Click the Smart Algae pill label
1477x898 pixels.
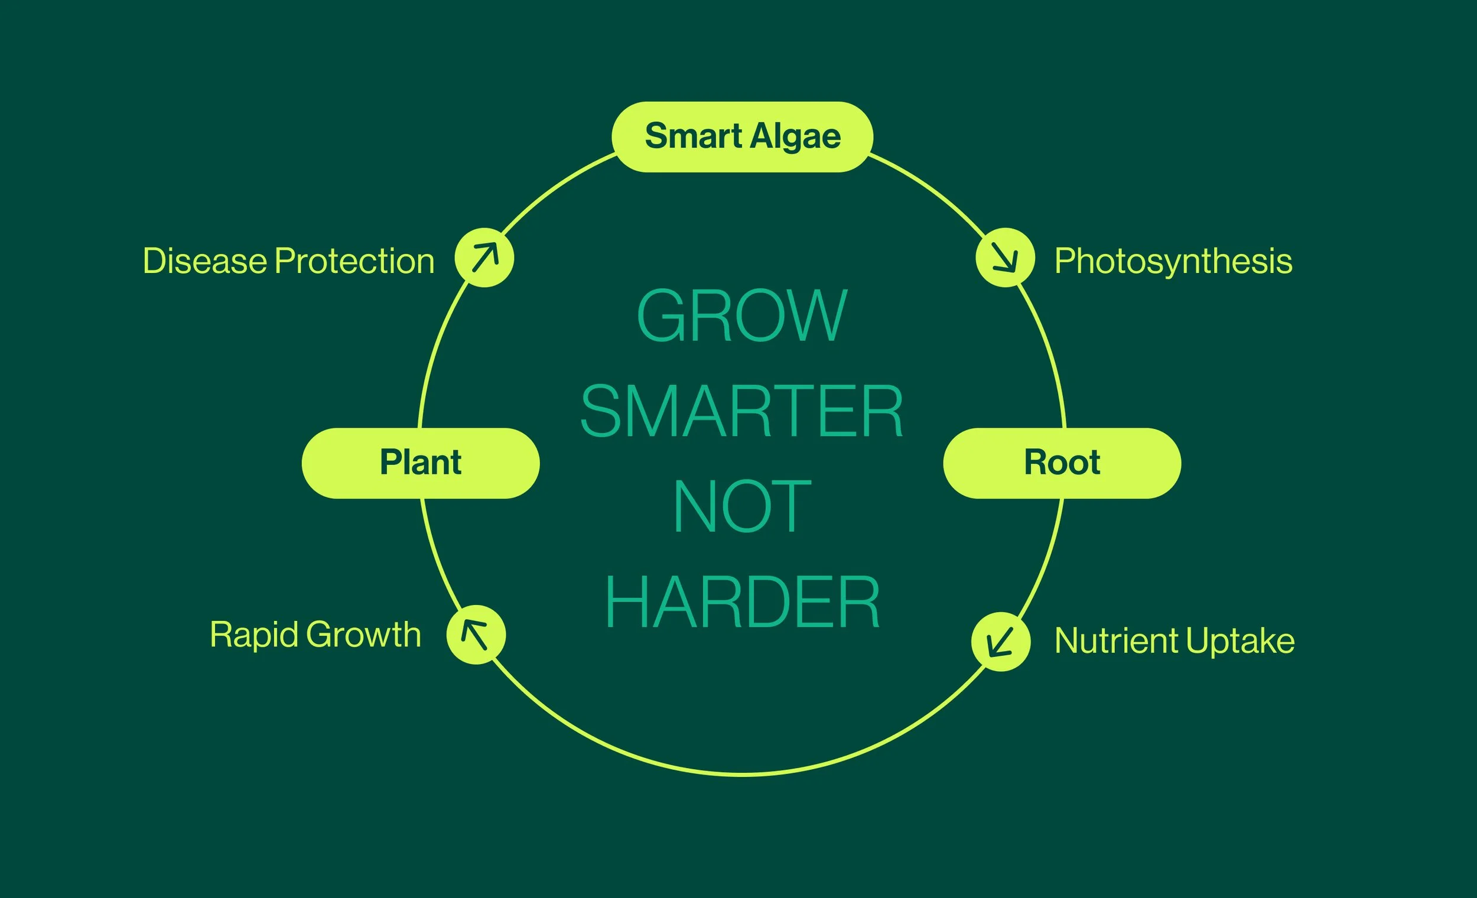(x=742, y=136)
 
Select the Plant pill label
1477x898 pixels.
(x=420, y=463)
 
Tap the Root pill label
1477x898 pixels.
(x=1062, y=463)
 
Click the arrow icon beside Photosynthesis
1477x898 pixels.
(x=1004, y=258)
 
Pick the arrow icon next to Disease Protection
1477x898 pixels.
(x=484, y=258)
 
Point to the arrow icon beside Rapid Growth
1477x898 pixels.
(x=476, y=635)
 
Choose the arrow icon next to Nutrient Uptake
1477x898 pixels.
(x=1000, y=642)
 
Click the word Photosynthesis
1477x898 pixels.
(x=1173, y=261)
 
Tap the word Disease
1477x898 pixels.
(x=204, y=261)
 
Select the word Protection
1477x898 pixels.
(x=354, y=261)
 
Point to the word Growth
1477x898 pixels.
(x=364, y=635)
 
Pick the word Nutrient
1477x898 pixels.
(x=1116, y=641)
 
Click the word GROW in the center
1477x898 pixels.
(x=742, y=315)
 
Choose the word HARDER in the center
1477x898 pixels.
(x=742, y=602)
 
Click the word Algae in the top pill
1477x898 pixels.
(x=795, y=136)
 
